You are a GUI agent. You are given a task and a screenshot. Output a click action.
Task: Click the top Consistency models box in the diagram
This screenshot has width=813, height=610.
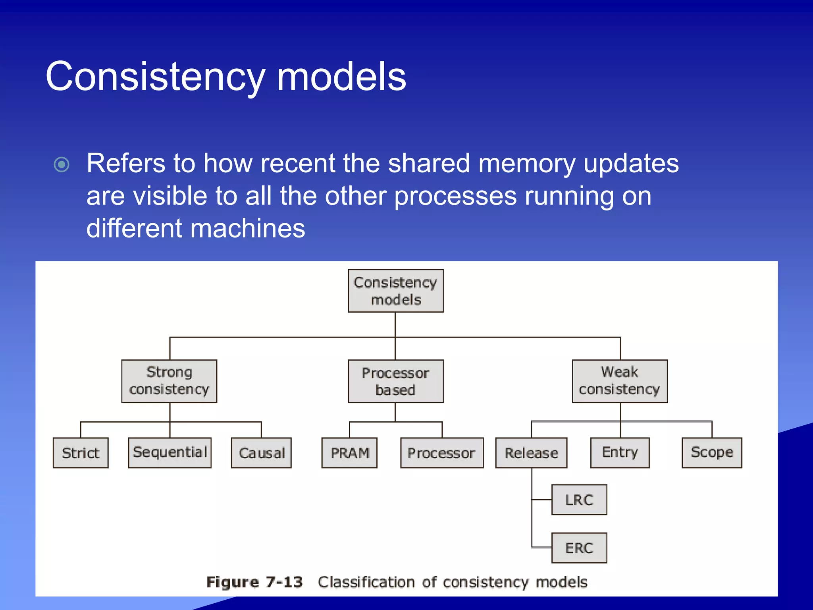coord(395,291)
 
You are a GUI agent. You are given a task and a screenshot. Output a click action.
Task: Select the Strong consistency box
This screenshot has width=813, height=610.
coord(169,381)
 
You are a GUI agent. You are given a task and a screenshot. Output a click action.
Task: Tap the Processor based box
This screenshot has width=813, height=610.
coord(395,381)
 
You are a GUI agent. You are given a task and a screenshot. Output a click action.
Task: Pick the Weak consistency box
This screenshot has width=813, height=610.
coord(620,381)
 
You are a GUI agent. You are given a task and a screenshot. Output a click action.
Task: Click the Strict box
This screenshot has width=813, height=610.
coord(81,453)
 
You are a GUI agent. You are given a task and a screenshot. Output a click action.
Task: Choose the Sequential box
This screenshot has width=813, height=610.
coord(170,452)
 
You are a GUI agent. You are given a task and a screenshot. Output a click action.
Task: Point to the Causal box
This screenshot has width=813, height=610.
coord(261,453)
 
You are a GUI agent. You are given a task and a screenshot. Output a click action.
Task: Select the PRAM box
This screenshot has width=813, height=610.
coord(349,453)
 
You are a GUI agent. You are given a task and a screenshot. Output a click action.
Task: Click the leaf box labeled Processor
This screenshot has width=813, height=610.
coord(442,453)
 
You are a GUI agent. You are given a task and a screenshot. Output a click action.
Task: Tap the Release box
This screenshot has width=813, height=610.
coord(531,453)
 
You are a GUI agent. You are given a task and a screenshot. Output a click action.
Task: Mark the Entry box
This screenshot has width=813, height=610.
coord(620,452)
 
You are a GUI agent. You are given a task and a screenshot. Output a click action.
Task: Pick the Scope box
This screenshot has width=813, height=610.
coord(712,452)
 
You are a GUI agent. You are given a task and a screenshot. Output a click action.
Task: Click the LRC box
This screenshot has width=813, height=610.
coord(579,500)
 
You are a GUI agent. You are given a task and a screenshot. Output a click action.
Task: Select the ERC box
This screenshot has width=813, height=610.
coord(579,548)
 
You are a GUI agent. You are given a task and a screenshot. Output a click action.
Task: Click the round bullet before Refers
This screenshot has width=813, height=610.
coord(62,164)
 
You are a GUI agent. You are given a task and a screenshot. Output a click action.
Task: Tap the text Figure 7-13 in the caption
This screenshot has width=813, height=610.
coord(254,582)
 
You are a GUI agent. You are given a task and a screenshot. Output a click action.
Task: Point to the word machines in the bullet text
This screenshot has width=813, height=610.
coord(248,229)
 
